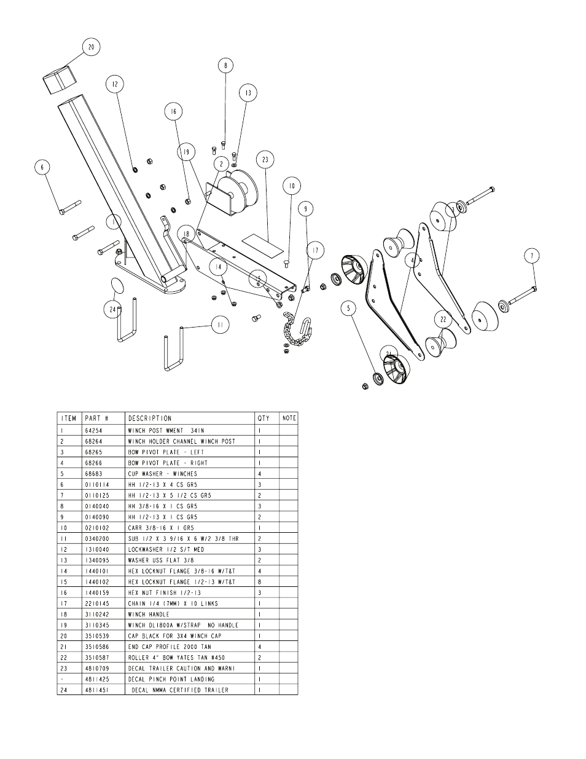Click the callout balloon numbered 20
91,47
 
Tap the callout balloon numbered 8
225,65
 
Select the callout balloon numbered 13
248,93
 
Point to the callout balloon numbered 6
42,167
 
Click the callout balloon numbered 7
532,256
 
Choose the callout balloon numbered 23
265,160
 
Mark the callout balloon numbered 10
291,186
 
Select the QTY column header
263,418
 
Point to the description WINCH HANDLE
148,614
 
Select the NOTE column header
289,418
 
